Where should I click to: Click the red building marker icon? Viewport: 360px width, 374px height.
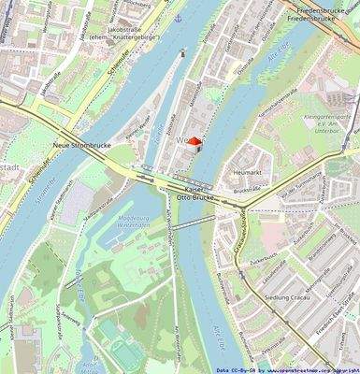click(194, 140)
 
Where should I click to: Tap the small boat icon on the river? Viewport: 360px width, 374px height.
click(182, 53)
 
